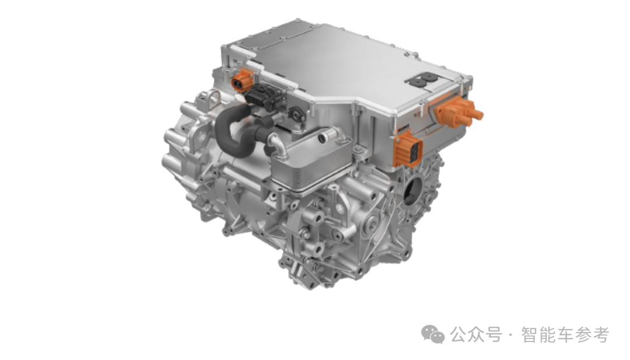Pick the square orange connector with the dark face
tap(408, 148)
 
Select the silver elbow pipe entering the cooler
tap(277, 144)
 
